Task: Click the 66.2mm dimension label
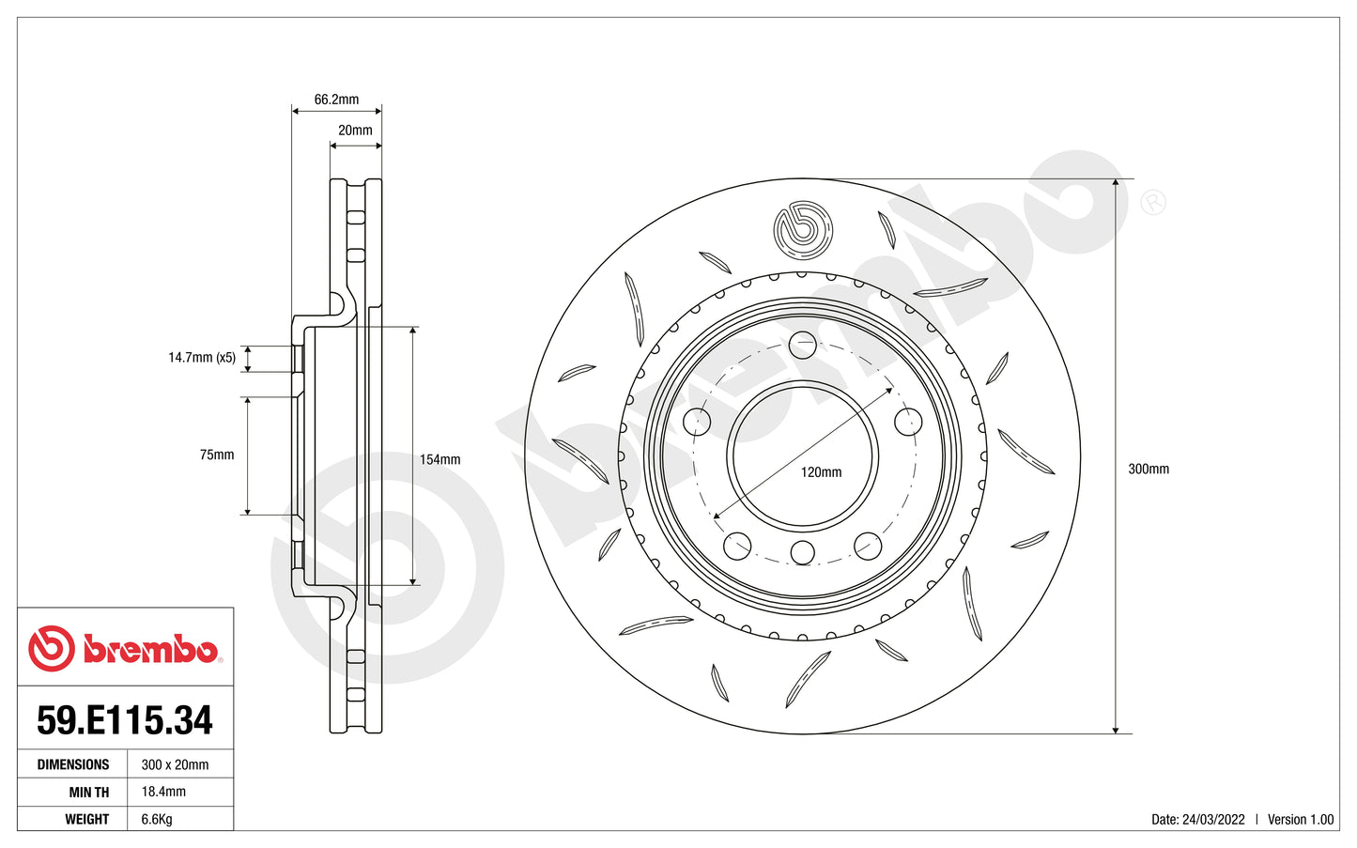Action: point(336,100)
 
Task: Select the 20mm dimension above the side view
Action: point(355,131)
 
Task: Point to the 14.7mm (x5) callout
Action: point(202,358)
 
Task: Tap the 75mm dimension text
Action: point(217,455)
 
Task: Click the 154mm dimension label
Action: point(439,459)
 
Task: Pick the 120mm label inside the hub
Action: point(821,472)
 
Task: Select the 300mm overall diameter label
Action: point(1149,469)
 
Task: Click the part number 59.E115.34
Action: point(125,720)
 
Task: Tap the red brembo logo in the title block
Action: point(124,649)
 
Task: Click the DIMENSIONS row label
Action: point(73,764)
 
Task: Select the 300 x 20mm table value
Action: point(176,764)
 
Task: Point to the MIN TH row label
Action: point(88,792)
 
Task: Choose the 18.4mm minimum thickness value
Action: point(163,792)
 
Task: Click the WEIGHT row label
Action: point(87,819)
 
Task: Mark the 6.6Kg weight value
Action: point(157,819)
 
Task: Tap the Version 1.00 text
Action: point(1301,819)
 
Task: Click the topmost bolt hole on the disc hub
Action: point(803,345)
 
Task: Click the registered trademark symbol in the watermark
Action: point(1153,202)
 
